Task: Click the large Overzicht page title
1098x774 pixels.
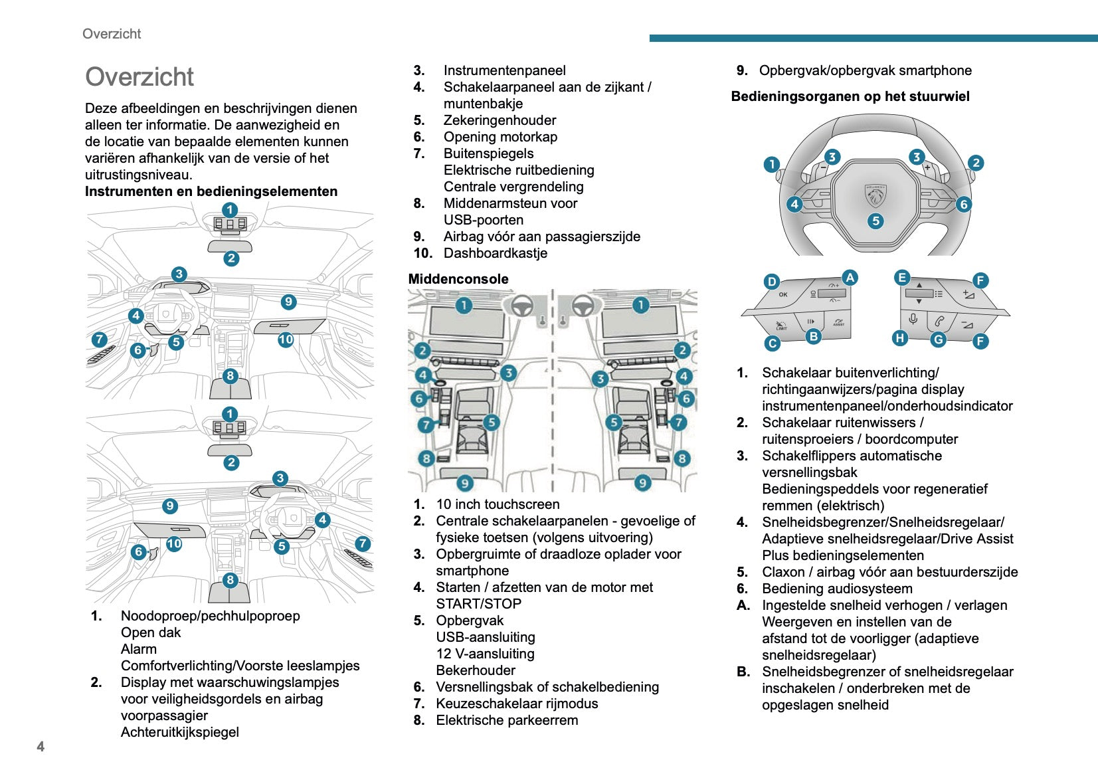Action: coord(139,77)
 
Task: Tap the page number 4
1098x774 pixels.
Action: coord(41,746)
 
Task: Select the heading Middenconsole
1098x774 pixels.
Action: coord(458,279)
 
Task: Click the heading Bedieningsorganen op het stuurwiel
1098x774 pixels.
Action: coord(850,96)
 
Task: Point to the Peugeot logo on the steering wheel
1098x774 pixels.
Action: coord(875,195)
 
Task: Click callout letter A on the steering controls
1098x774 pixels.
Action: coord(850,278)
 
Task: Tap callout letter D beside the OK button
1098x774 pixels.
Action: coord(771,281)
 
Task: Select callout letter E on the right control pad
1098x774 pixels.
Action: coord(901,278)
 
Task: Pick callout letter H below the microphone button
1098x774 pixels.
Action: coord(900,338)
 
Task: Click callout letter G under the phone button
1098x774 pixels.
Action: coord(938,339)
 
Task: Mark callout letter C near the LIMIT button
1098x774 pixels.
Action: coord(772,343)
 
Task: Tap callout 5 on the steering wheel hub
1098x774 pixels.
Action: coord(875,221)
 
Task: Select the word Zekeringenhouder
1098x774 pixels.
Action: coord(500,120)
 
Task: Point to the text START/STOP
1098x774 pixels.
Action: coord(478,604)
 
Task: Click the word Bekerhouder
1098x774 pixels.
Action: coord(476,670)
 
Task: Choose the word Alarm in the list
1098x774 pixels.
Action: coord(139,649)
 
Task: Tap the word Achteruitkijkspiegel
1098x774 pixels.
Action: coord(179,732)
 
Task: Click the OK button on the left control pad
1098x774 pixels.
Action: coord(783,294)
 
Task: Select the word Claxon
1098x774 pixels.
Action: coord(783,572)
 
